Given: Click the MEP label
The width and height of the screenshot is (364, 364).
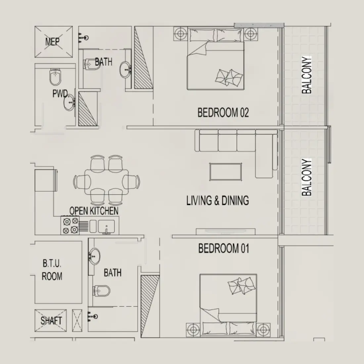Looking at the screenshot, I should point(52,42).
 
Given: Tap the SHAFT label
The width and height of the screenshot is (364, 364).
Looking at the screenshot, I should point(51,321).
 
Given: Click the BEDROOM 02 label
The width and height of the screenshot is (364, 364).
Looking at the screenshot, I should point(223,113).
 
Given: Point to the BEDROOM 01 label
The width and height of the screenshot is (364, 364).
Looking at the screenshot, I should point(223,248).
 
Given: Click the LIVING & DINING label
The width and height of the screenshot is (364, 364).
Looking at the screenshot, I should point(217,201).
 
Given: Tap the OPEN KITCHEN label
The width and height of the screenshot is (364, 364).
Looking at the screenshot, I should point(94,211).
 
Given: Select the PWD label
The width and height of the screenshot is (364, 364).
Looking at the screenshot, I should point(60,94).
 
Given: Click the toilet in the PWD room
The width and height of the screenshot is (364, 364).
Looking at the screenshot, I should point(54,77).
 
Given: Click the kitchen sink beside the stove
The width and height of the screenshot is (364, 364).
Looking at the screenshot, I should point(106,226).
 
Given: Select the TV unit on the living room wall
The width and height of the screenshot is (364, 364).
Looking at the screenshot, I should point(225,231).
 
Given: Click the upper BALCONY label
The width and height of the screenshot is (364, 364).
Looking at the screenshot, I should point(307,75).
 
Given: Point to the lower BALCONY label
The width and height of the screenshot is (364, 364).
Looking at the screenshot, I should point(307,177).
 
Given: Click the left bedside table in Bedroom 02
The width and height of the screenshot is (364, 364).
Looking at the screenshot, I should point(180,33).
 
